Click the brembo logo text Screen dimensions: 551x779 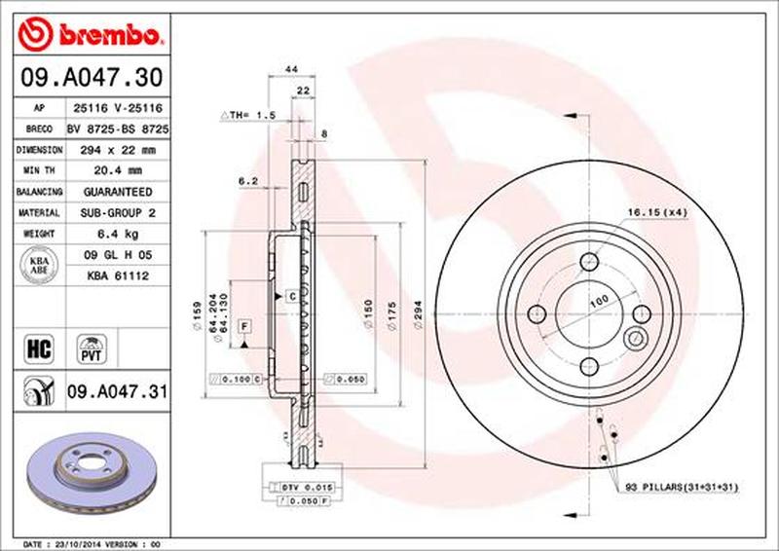click(x=105, y=36)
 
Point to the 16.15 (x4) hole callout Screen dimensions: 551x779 click(x=658, y=211)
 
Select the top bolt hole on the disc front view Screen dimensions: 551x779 click(x=589, y=261)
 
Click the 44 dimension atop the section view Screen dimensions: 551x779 click(x=290, y=70)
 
